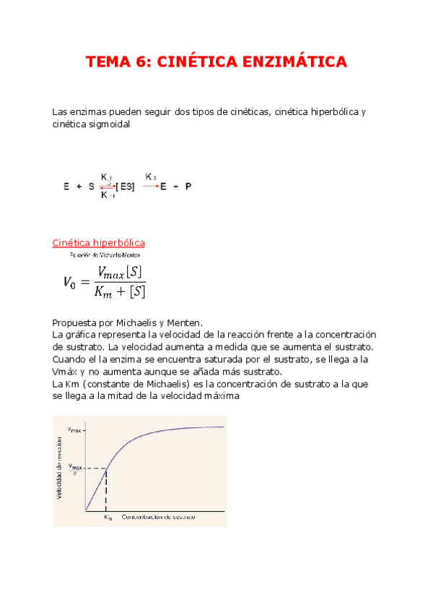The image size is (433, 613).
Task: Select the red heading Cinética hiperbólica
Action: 98,243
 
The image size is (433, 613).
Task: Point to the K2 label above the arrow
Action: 151,176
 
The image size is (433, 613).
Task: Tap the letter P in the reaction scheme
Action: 188,187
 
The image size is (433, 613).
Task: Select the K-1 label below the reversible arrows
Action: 108,195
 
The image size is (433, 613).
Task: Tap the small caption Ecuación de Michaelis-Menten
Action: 105,255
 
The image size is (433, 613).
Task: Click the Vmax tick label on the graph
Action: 74,429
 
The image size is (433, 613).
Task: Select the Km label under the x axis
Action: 107,518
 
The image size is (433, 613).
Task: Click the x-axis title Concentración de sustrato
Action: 158,518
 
